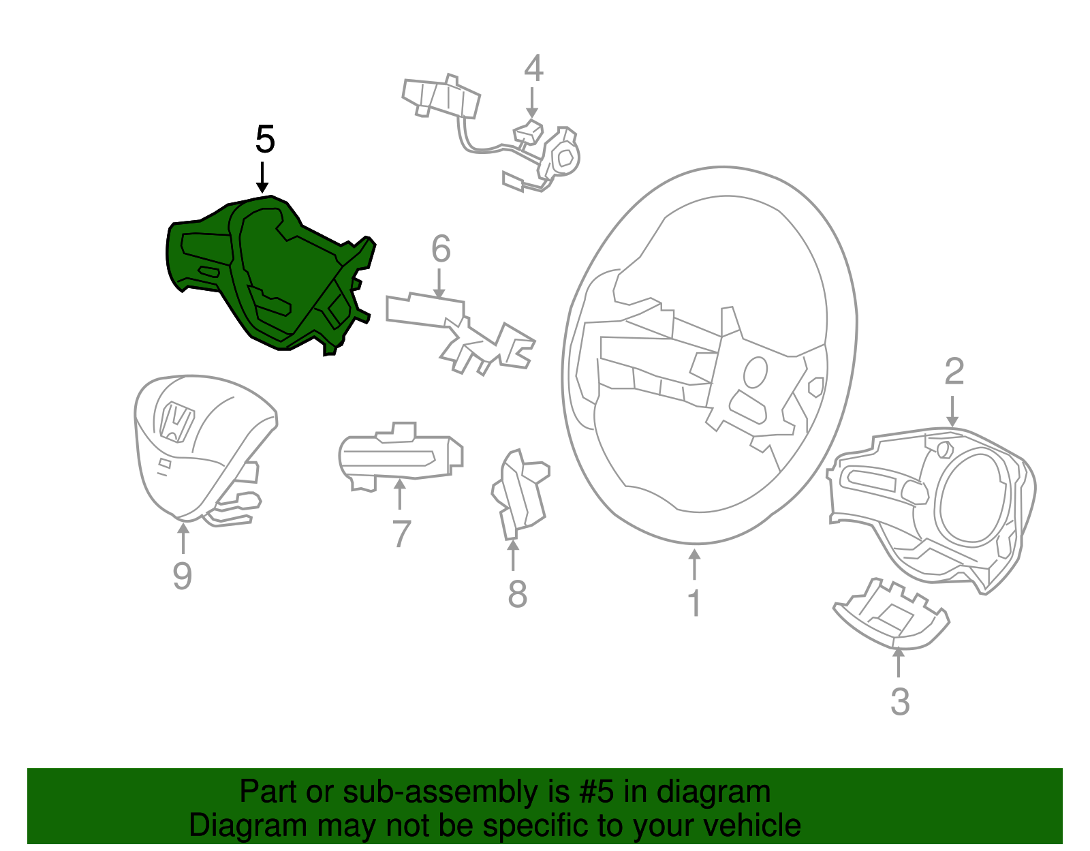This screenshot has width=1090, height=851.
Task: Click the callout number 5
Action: coord(265,139)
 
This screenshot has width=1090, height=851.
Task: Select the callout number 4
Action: coord(533,68)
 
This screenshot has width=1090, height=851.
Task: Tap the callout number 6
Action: coord(441,249)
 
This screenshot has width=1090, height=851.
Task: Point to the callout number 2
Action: coord(954,371)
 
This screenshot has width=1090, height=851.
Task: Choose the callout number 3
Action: coord(900,702)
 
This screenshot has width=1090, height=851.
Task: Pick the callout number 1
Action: coord(695,603)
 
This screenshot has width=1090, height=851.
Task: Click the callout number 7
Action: coord(401,533)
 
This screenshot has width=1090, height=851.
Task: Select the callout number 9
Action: coord(182,576)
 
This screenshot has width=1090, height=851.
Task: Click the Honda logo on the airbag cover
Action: coord(176,422)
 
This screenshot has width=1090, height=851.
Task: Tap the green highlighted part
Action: coord(271,276)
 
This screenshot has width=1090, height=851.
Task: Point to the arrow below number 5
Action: coord(262,178)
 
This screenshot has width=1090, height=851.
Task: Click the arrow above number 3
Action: coord(899,663)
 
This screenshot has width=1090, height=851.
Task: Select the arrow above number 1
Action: coord(694,565)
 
